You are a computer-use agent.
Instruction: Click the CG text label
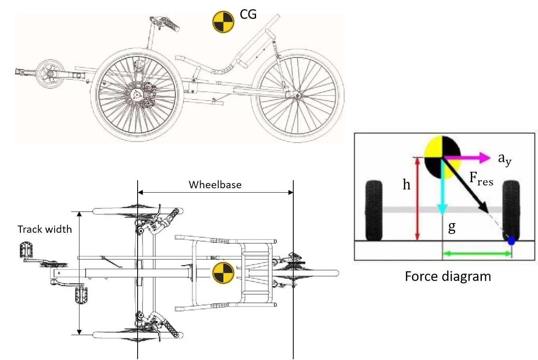coord(248,14)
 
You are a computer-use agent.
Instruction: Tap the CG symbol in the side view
coord(223,22)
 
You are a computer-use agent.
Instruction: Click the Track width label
coord(45,229)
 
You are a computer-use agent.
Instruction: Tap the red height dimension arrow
coord(418,199)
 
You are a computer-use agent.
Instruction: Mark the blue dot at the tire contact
coord(511,241)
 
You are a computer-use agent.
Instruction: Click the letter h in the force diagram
coord(406,185)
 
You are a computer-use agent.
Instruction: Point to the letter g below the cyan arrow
coord(452,228)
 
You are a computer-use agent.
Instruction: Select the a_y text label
coord(505,159)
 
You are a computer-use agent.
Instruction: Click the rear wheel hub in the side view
coord(297,96)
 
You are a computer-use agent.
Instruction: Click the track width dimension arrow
coord(79,273)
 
